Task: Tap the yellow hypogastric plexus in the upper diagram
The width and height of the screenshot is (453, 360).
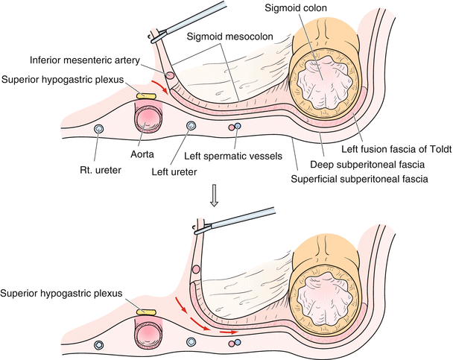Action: coord(147,96)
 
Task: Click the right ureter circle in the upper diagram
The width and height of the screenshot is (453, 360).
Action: coord(98,130)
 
